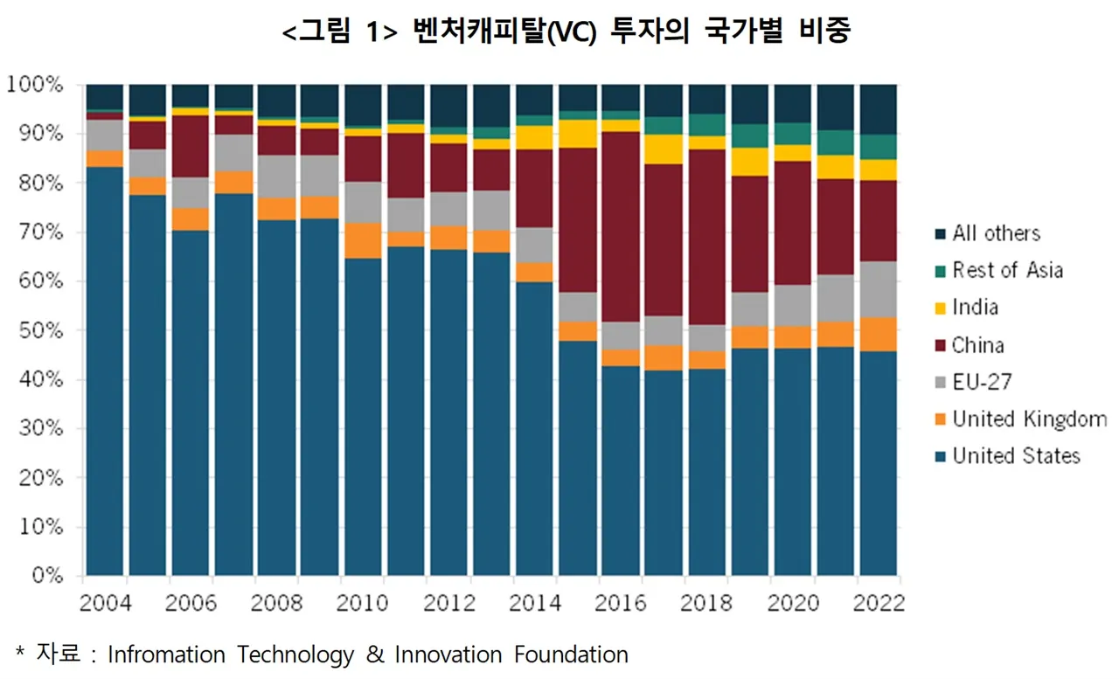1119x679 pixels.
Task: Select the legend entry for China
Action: coord(978,345)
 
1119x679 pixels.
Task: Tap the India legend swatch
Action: coord(941,308)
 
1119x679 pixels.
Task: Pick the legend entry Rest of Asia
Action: coord(1007,271)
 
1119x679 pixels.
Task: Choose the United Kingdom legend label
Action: coord(1029,419)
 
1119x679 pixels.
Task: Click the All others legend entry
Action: coord(996,234)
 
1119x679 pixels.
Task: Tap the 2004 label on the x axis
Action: coord(105,604)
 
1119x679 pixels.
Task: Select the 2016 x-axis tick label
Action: coord(621,604)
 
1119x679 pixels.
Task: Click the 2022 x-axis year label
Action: coord(878,604)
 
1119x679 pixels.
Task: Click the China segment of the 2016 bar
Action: coord(621,227)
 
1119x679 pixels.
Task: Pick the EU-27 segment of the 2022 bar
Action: coord(878,289)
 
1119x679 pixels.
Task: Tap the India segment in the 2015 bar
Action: coord(578,134)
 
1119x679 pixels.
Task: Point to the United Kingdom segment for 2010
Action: coord(363,241)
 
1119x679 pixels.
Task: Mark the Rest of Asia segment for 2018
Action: coord(706,125)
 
